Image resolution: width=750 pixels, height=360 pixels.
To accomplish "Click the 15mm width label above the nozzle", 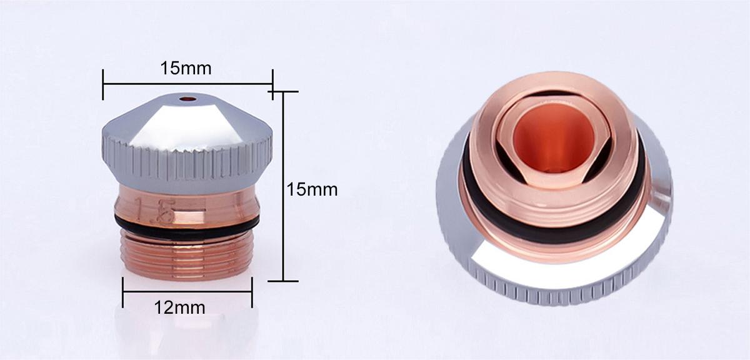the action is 186,68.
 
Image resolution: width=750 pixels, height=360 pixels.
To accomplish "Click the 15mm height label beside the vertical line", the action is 312,189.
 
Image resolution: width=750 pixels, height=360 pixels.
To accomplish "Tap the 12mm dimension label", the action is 179,307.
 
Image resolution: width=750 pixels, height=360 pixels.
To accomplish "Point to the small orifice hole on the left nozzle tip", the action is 187,99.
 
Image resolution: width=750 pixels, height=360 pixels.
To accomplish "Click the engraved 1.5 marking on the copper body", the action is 155,210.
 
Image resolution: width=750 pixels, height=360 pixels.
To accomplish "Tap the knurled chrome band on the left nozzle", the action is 187,161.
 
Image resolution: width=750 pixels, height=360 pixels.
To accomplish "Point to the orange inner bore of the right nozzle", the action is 554,138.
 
